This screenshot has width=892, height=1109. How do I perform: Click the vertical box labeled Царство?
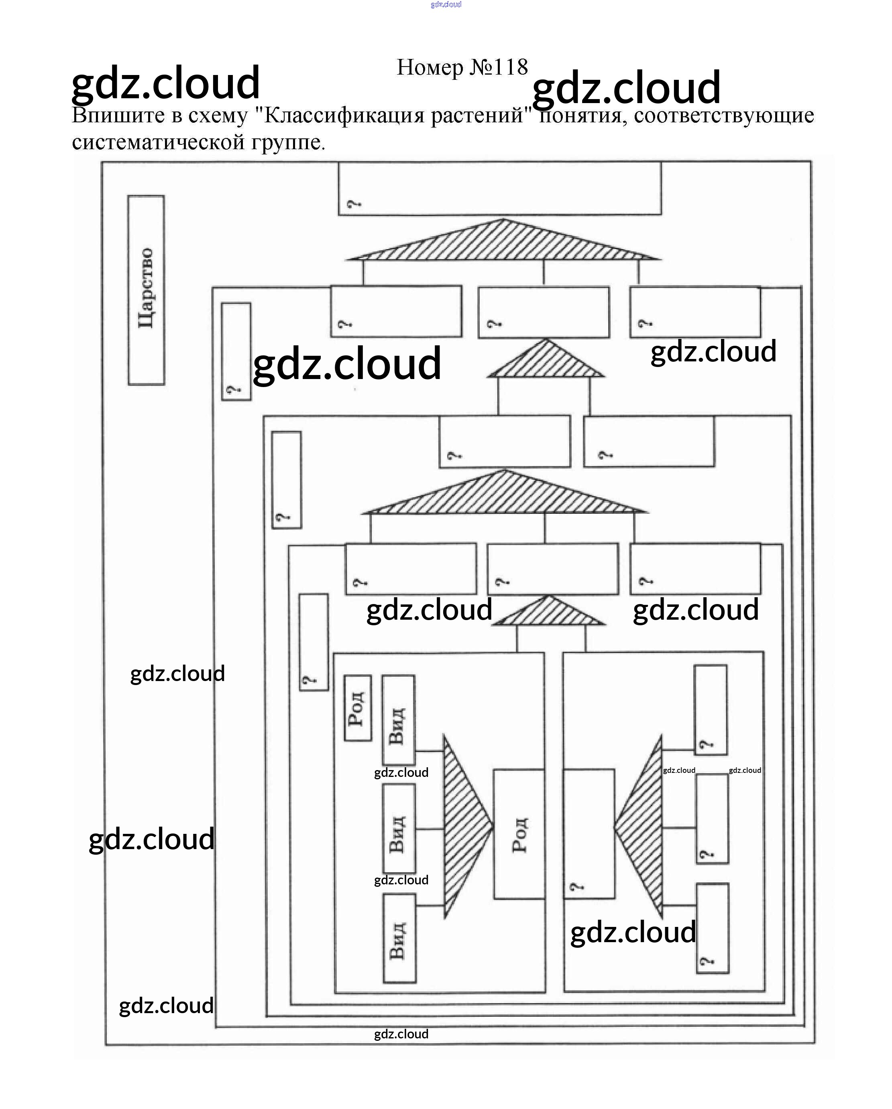click(146, 290)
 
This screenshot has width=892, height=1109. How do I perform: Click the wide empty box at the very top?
click(499, 188)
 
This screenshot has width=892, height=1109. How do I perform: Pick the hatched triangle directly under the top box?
click(503, 242)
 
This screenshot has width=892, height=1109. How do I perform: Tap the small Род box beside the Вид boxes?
click(357, 708)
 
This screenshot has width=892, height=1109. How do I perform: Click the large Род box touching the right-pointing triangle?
click(519, 834)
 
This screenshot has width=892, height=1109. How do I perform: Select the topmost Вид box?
click(398, 720)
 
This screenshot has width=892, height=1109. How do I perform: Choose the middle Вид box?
click(399, 829)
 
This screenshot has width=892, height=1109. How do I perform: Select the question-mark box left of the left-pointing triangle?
click(589, 834)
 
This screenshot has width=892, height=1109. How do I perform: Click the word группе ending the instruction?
click(288, 142)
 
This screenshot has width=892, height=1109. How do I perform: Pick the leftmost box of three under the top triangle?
click(396, 311)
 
